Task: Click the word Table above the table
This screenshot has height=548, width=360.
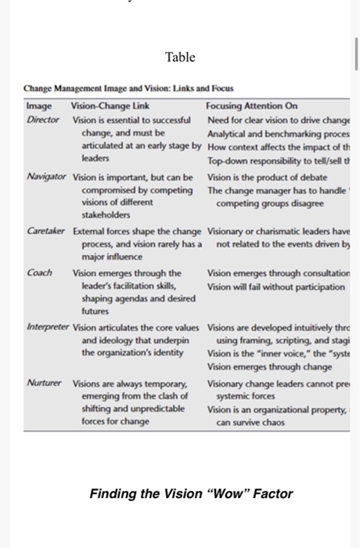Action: pyautogui.click(x=180, y=57)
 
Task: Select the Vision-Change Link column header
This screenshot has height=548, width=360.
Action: pyautogui.click(x=110, y=106)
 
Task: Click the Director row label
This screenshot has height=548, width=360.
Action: pyautogui.click(x=43, y=119)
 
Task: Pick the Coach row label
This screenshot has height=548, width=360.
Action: pyautogui.click(x=39, y=273)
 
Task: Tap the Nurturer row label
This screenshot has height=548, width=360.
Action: pyautogui.click(x=45, y=384)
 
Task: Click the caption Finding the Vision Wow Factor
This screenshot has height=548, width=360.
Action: pyautogui.click(x=191, y=493)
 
